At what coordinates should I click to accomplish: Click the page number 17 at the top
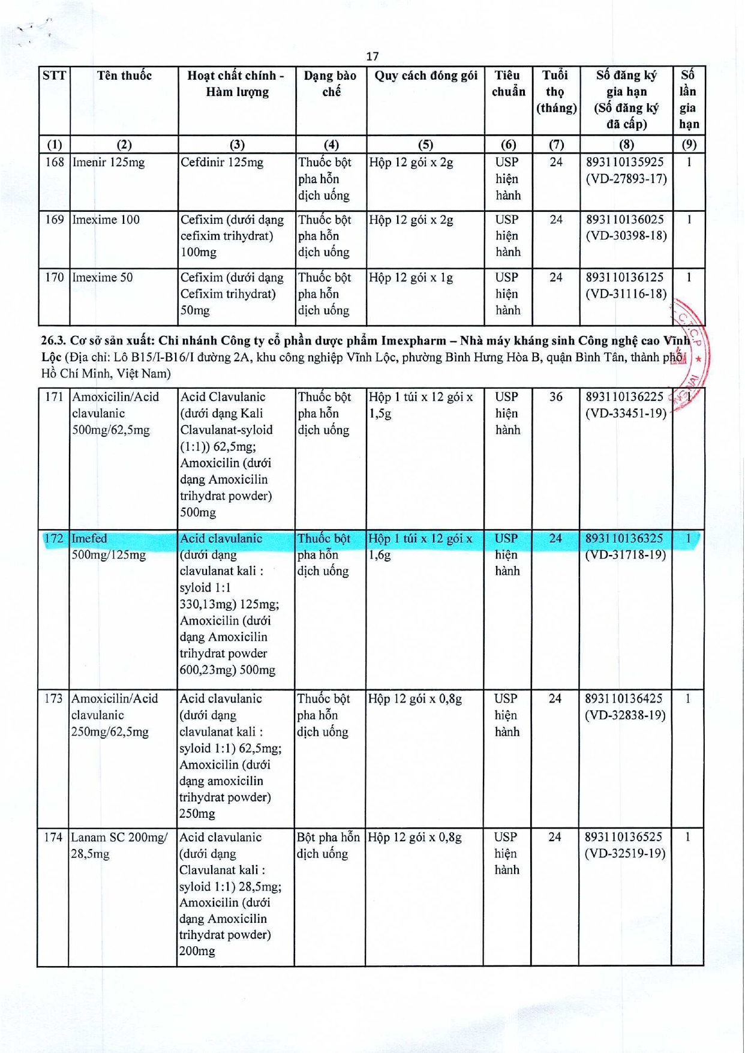[372, 56]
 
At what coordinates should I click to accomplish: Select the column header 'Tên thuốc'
[124, 76]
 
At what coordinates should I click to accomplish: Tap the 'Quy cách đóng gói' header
[425, 76]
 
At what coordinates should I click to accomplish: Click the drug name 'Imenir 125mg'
[109, 163]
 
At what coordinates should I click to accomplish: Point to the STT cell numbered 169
[55, 220]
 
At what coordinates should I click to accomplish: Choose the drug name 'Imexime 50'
[103, 277]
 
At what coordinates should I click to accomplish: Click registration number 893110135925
[626, 163]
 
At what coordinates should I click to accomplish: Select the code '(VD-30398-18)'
[626, 236]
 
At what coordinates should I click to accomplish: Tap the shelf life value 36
[555, 397]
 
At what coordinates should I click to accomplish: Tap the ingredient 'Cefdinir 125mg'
[222, 163]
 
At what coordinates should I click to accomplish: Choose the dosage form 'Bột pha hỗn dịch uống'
[328, 845]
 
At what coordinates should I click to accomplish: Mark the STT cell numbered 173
[53, 698]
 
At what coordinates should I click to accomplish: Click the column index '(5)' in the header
[425, 144]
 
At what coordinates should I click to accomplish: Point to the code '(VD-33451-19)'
[626, 413]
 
